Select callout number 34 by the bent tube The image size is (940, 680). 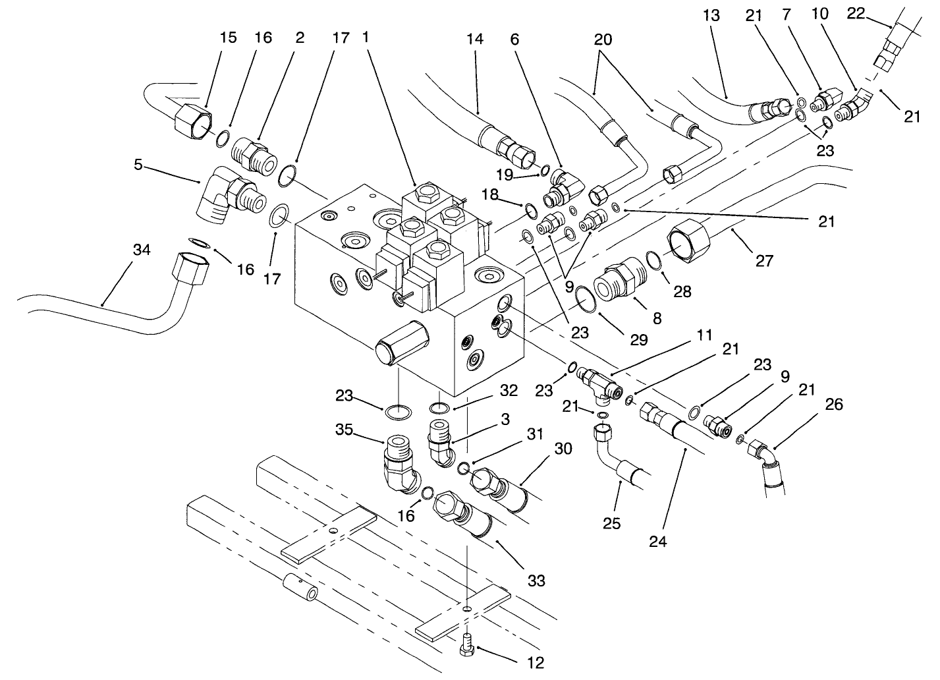142,250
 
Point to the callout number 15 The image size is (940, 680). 228,38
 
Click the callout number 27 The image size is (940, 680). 763,261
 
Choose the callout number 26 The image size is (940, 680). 833,403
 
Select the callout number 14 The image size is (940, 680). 474,39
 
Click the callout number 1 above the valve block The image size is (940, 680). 366,38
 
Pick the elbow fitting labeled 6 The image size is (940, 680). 562,184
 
